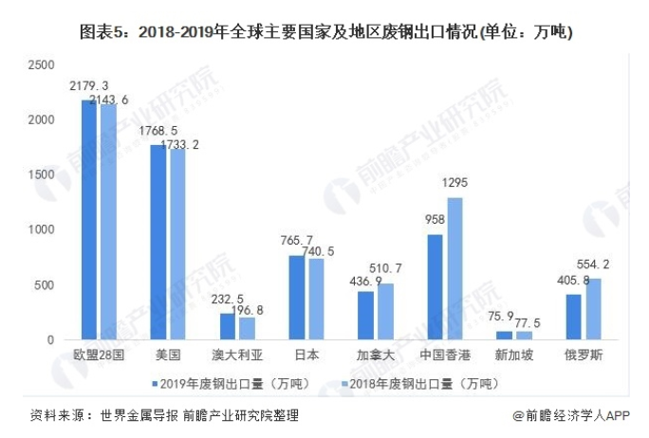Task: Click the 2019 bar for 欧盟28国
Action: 89,220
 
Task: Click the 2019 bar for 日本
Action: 296,298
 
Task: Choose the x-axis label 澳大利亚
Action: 236,355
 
